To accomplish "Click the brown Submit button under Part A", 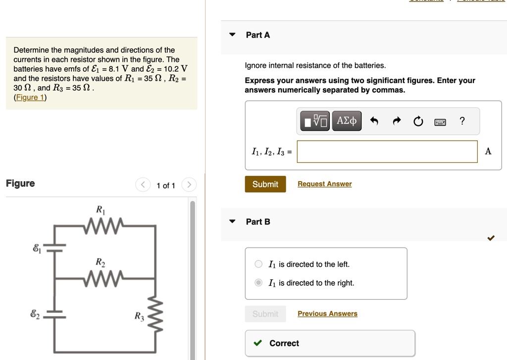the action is (x=265, y=184).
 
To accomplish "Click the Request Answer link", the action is (x=325, y=184).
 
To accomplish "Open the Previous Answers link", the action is (x=328, y=313).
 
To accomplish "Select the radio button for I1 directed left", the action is (x=258, y=264).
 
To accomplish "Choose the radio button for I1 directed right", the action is (x=258, y=283).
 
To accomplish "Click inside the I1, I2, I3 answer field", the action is (x=387, y=152).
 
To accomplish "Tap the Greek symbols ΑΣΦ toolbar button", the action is (x=347, y=121).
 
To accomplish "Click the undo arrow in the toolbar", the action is (x=374, y=121).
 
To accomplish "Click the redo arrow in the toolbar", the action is (x=397, y=121).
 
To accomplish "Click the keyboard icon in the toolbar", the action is (x=440, y=122).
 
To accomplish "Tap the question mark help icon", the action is (x=462, y=121).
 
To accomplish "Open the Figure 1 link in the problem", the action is (x=30, y=98).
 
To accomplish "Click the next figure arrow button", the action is (x=189, y=185).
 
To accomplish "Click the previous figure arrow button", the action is (x=143, y=185).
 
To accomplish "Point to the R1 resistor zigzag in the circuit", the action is (x=103, y=225).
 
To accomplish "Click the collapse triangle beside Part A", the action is (x=232, y=34).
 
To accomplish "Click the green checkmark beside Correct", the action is (x=257, y=343).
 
